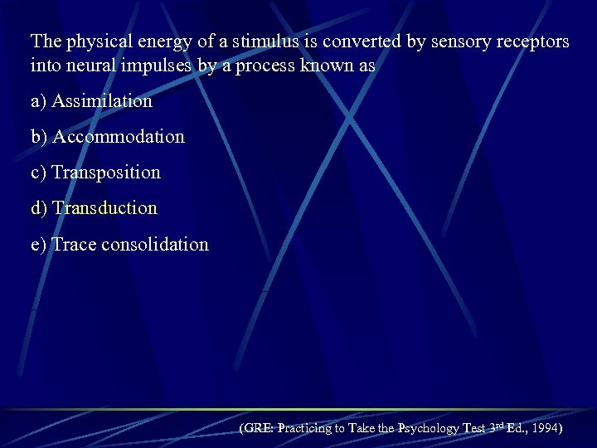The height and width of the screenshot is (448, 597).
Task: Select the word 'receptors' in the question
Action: click(535, 41)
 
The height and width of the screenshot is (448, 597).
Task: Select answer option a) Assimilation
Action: click(91, 101)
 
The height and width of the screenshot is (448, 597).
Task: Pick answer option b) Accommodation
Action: click(107, 137)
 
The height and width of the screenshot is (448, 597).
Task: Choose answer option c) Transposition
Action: click(95, 173)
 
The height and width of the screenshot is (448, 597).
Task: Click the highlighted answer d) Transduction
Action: click(94, 208)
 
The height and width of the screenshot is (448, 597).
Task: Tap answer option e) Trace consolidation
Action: click(119, 245)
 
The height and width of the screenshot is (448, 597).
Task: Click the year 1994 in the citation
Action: click(543, 429)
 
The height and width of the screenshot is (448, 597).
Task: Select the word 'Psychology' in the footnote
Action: click(429, 429)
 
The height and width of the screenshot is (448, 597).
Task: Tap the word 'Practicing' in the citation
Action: click(306, 429)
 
